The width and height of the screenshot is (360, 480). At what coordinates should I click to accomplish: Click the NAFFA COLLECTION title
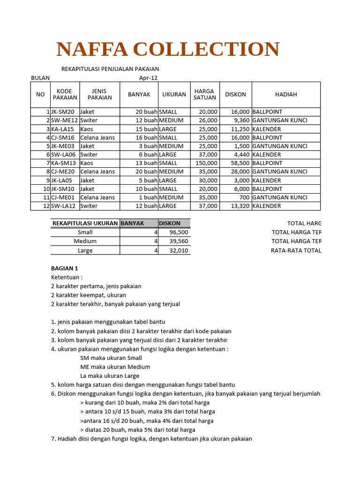(x=168, y=49)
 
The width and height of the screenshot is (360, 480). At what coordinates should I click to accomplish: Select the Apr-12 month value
(x=148, y=78)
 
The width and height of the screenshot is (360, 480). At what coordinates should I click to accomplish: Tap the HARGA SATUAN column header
(x=204, y=94)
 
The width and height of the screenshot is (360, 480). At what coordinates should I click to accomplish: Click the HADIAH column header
(x=286, y=94)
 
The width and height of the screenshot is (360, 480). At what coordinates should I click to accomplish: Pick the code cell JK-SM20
(x=62, y=112)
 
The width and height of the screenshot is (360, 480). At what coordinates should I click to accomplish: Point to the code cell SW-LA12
(x=63, y=206)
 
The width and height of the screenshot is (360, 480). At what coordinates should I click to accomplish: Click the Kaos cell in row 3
(x=87, y=129)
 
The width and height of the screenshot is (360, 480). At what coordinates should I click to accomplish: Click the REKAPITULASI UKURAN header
(x=85, y=223)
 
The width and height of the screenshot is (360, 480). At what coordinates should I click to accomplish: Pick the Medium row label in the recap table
(x=85, y=241)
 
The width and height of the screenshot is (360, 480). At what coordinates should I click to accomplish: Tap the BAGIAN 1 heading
(x=64, y=268)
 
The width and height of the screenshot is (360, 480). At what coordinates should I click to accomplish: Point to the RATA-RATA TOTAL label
(x=296, y=250)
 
